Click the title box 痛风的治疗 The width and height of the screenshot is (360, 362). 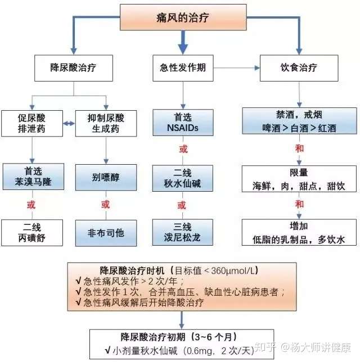tap(183, 17)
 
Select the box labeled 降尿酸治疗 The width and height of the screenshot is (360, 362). tap(74, 68)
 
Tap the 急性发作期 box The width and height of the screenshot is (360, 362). tap(183, 68)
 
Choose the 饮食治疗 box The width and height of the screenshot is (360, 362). tap(299, 68)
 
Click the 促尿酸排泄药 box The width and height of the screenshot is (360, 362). tap(32, 123)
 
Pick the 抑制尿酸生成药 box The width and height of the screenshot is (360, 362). tap(106, 123)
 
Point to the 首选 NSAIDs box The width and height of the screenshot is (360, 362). tap(183, 123)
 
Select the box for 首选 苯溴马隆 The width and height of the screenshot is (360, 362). tap(33, 177)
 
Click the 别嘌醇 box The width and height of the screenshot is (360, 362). tap(106, 177)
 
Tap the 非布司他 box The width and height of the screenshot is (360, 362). tap(106, 233)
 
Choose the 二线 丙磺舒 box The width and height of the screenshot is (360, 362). tap(32, 233)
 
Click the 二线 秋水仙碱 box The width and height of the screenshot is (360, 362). tap(183, 178)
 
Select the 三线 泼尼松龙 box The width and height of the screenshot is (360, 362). tap(183, 232)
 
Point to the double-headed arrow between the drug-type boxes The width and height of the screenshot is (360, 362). tap(69, 124)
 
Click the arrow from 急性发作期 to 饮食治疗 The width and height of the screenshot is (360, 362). tap(236, 68)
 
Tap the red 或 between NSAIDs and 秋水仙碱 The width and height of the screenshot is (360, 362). tap(183, 149)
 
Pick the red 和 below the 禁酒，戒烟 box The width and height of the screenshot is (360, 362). tap(299, 148)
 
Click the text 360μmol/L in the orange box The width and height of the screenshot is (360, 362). tap(233, 270)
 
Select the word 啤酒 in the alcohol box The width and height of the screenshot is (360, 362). tap(271, 128)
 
